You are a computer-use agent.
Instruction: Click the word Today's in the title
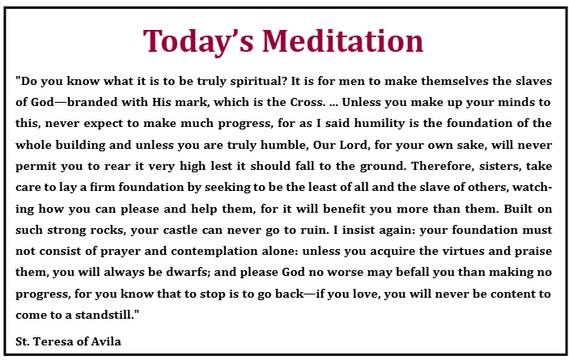(x=198, y=41)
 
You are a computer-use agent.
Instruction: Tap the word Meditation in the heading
(x=343, y=40)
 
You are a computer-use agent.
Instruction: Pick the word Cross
(x=308, y=102)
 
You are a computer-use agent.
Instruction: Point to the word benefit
(x=344, y=209)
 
